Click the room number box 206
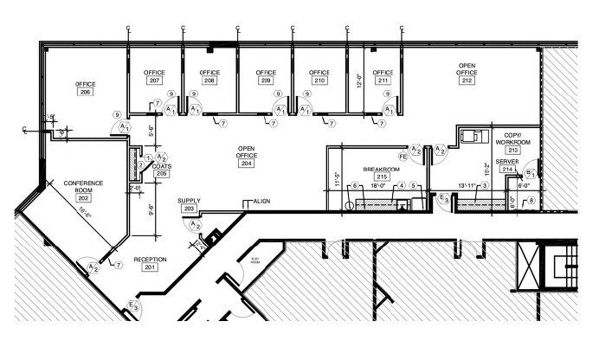coord(85,91)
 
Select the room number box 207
coord(155,80)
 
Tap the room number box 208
coord(209,80)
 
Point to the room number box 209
coord(265,80)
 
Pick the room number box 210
coord(319,80)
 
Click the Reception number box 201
coord(149,267)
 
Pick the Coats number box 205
coord(161,173)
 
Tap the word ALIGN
coord(261,201)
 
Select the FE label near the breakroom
coord(403,157)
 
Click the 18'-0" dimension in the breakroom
coord(377,186)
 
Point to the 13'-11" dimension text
coord(467,187)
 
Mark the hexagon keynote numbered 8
coord(531,200)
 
